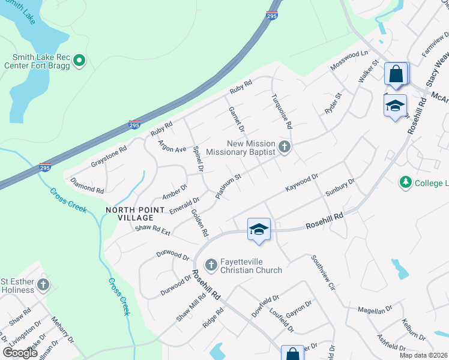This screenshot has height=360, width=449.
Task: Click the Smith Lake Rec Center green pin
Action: [79, 60]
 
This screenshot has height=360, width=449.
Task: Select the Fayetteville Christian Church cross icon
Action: [211, 265]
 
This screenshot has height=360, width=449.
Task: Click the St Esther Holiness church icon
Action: [43, 285]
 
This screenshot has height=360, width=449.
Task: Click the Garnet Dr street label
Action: [237, 119]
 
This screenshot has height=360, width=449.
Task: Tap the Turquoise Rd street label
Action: [281, 112]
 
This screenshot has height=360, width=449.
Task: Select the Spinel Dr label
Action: [196, 157]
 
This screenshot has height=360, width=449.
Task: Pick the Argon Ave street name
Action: [172, 146]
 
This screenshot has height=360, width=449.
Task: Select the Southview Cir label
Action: [322, 272]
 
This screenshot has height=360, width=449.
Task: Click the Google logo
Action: [20, 353]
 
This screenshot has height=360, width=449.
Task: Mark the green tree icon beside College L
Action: [406, 182]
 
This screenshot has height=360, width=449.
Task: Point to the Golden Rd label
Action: [199, 222]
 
